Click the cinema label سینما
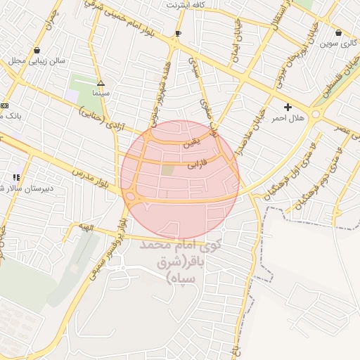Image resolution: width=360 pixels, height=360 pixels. point(100,93)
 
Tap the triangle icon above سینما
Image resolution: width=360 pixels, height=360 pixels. point(101,82)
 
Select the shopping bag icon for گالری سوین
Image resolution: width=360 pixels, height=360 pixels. point(339,32)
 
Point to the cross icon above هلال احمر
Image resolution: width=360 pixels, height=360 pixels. point(288,106)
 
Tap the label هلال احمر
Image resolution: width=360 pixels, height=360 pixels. point(288,118)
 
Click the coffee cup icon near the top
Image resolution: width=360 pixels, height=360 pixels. point(178,32)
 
